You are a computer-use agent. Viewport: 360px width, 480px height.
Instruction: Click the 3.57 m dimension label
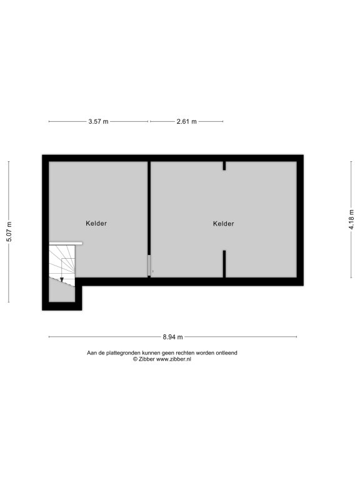pyautogui.click(x=98, y=121)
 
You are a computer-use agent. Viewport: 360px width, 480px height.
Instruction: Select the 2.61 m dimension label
pyautogui.click(x=186, y=121)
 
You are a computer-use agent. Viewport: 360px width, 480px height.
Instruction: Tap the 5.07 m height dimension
pyautogui.click(x=9, y=231)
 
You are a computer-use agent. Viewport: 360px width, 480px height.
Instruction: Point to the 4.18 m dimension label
pyautogui.click(x=351, y=219)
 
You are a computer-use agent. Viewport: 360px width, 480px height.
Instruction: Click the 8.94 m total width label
pyautogui.click(x=172, y=337)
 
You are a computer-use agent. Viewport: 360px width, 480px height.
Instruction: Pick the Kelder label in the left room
pyautogui.click(x=96, y=224)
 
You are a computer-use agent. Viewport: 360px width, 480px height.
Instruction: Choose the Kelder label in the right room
pyautogui.click(x=224, y=224)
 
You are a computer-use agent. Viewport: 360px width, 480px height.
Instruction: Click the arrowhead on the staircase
pyautogui.click(x=62, y=279)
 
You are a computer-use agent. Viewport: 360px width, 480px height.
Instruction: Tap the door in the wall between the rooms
pyautogui.click(x=149, y=266)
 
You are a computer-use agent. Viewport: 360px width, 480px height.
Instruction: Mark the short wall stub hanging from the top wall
pyautogui.click(x=224, y=166)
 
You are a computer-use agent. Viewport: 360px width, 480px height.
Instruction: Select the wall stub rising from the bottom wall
pyautogui.click(x=224, y=264)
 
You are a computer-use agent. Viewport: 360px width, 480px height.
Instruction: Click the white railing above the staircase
pyautogui.click(x=66, y=243)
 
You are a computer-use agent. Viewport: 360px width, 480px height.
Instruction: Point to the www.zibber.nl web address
pyautogui.click(x=174, y=359)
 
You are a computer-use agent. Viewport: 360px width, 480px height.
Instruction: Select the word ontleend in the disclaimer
pyautogui.click(x=226, y=353)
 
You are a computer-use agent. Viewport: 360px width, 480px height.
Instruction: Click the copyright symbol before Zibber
pyautogui.click(x=135, y=359)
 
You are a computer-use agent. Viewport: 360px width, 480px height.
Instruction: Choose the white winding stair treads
pyautogui.click(x=62, y=262)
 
